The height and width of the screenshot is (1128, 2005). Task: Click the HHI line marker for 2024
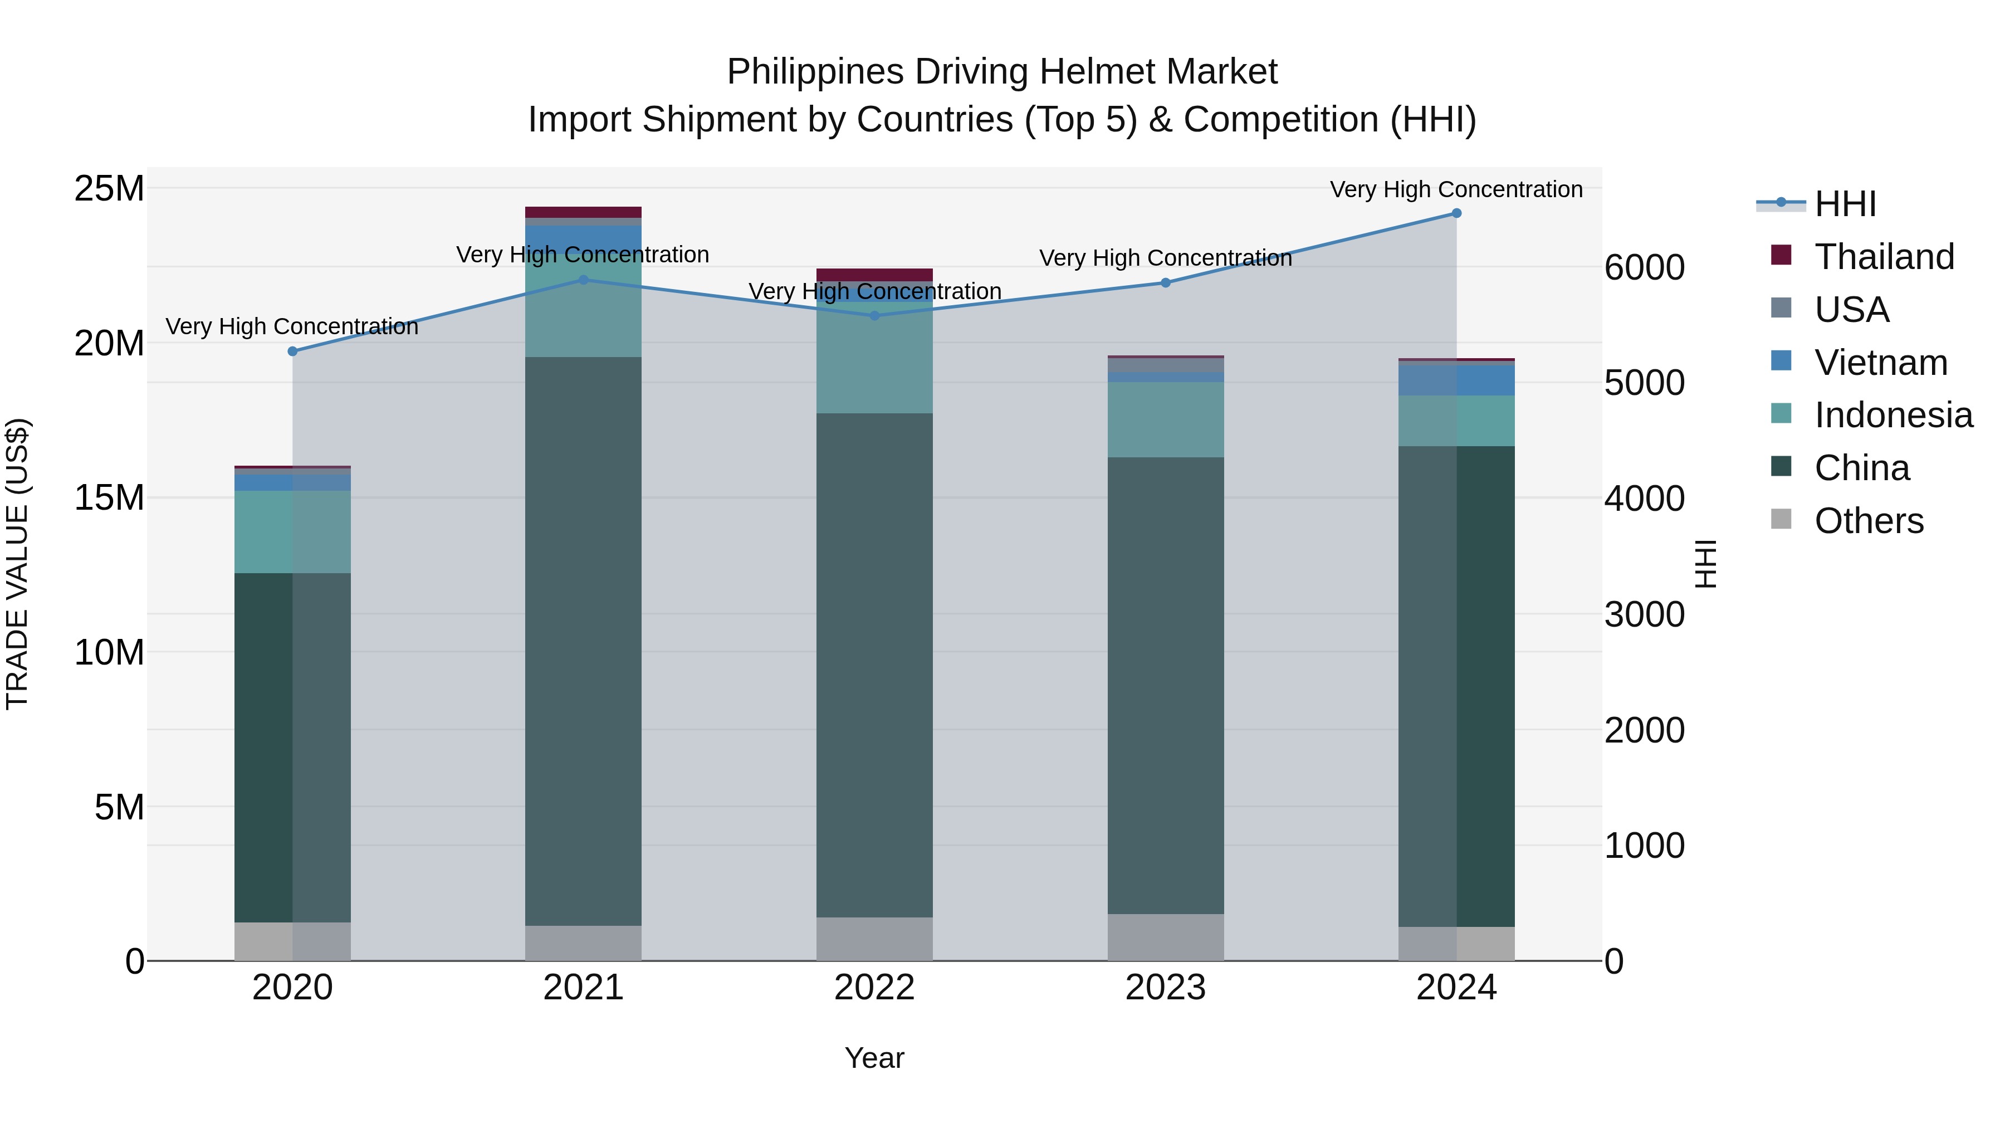[1456, 213]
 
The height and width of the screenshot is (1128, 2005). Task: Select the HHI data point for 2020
[292, 351]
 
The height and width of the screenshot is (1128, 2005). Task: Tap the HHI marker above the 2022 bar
[874, 315]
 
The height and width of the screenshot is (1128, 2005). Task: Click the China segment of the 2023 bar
[1165, 685]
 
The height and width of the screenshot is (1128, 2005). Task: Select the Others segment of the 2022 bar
[874, 939]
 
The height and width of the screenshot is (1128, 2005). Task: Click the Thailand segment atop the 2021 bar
[583, 212]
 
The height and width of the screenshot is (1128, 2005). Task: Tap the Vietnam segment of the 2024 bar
[1456, 380]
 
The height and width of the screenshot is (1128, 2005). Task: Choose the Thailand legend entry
[1884, 257]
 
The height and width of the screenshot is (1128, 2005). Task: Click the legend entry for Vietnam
[1880, 363]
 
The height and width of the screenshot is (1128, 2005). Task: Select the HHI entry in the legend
[1845, 204]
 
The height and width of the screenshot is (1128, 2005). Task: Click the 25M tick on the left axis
[109, 188]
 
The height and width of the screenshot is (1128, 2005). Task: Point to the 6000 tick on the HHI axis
[1644, 267]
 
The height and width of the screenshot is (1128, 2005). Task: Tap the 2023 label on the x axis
[1165, 988]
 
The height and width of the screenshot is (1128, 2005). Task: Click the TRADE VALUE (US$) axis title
[17, 564]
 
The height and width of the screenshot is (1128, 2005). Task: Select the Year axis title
[874, 1058]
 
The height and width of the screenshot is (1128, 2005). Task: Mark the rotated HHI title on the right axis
[1705, 564]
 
